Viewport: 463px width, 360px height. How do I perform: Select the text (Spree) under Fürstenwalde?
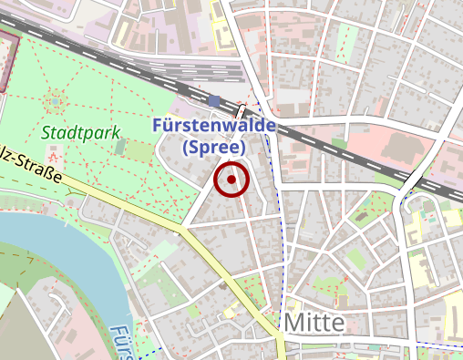point(214,147)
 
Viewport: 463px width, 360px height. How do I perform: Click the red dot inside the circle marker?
point(231,180)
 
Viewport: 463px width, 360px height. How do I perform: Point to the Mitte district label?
point(314,323)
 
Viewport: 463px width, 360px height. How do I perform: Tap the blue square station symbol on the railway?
point(214,100)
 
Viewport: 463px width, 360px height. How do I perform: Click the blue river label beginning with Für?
point(119,342)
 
